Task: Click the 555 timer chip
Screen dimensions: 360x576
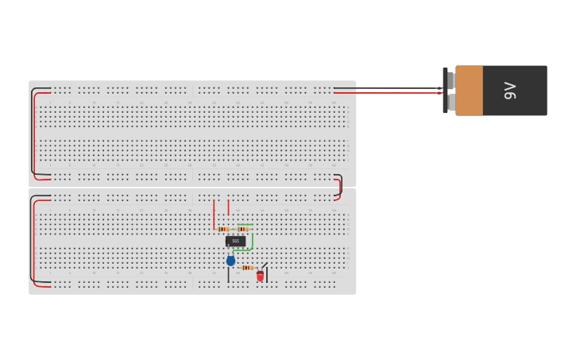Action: point(235,241)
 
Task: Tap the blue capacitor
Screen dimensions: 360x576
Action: point(231,261)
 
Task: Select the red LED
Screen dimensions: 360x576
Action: point(260,276)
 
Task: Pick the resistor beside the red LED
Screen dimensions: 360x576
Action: point(247,268)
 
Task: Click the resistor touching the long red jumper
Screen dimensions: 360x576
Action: point(223,230)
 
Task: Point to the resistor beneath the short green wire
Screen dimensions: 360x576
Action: point(243,230)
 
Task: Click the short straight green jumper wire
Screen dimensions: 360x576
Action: point(245,225)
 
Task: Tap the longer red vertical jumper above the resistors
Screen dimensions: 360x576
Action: point(214,213)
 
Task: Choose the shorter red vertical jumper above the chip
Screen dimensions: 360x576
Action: point(229,207)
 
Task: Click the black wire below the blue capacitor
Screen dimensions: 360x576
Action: point(229,275)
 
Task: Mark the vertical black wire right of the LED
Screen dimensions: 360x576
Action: point(267,275)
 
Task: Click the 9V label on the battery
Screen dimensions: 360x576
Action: point(510,91)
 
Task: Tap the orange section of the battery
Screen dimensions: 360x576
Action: point(469,91)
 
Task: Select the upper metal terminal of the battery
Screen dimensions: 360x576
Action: point(450,79)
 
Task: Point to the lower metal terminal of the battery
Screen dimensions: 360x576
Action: point(450,103)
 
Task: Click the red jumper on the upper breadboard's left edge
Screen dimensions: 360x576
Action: point(36,135)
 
